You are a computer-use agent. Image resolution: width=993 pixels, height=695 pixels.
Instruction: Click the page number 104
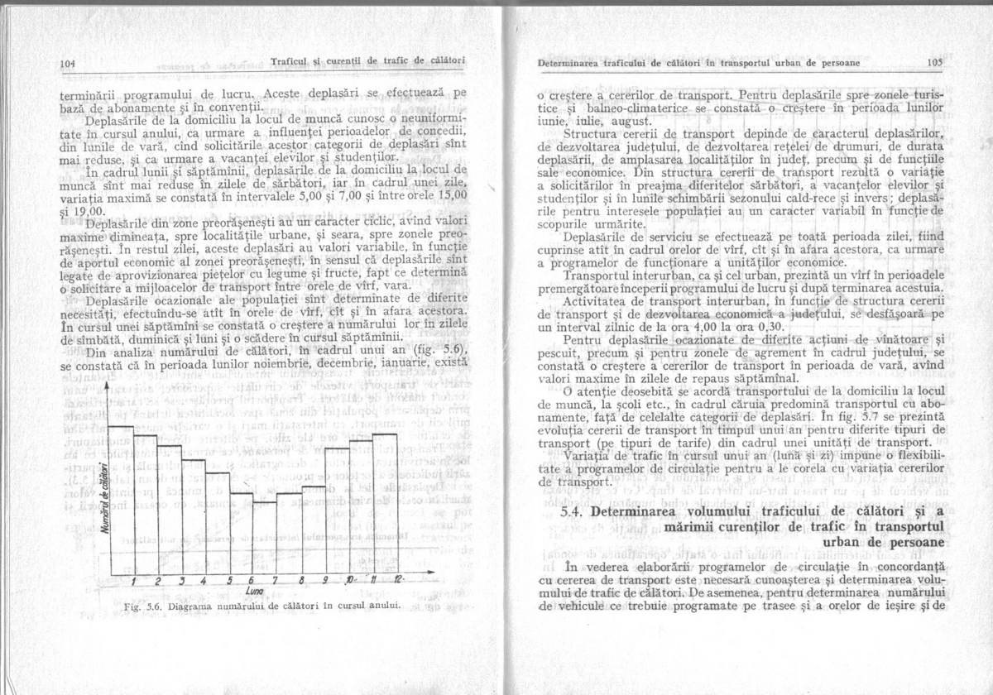coord(68,63)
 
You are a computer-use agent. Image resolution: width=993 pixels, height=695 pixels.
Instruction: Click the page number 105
coord(935,63)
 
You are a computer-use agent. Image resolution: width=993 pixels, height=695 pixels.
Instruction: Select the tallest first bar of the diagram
coord(121,496)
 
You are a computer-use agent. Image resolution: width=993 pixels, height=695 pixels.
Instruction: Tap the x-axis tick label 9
coord(325,579)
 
